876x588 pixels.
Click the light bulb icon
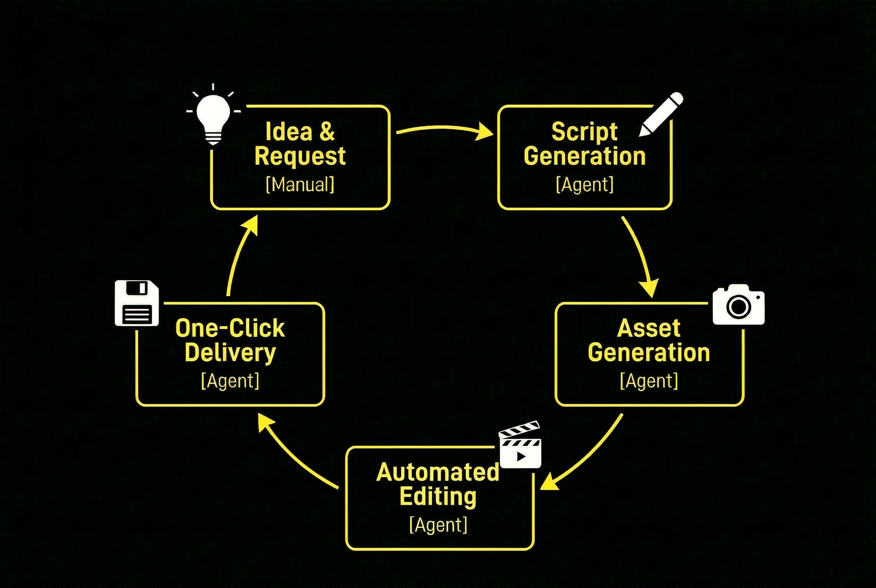(213, 116)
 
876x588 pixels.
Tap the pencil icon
(661, 114)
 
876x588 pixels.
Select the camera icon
(738, 305)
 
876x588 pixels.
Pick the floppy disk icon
(137, 303)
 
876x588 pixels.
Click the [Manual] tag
(300, 184)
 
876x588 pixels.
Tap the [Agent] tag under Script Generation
(585, 184)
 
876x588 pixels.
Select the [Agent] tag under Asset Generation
(649, 381)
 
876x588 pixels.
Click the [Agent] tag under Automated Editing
(438, 525)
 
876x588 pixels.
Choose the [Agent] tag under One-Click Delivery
(230, 381)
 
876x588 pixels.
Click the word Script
(584, 132)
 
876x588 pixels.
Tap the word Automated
(438, 472)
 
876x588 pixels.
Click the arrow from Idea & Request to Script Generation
(442, 129)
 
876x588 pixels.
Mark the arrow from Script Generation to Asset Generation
(641, 255)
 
